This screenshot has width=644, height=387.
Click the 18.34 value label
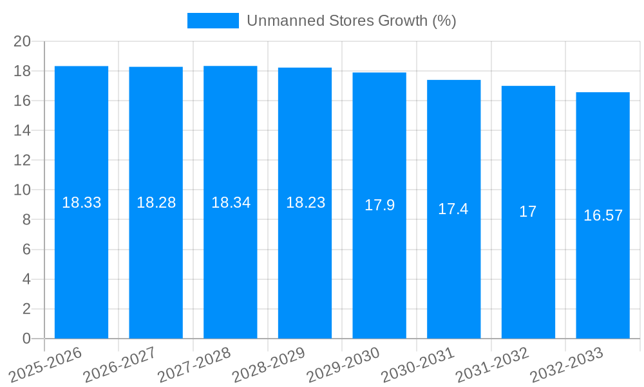pyautogui.click(x=231, y=203)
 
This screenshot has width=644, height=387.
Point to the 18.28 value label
pyautogui.click(x=156, y=203)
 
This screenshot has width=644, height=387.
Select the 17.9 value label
pyautogui.click(x=379, y=206)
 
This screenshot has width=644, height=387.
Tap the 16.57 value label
pyautogui.click(x=603, y=215)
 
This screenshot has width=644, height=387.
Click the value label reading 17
pyautogui.click(x=528, y=212)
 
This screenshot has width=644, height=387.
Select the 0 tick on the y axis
pyautogui.click(x=26, y=339)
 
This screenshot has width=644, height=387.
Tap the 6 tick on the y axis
pyautogui.click(x=26, y=250)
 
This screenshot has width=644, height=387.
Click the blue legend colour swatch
pyautogui.click(x=213, y=21)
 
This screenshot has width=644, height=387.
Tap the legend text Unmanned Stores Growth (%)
pyautogui.click(x=351, y=21)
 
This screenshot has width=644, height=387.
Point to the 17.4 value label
pyautogui.click(x=453, y=209)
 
